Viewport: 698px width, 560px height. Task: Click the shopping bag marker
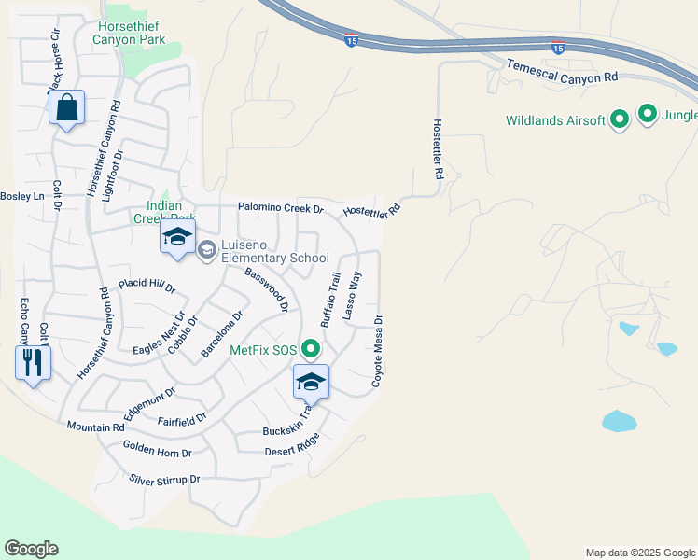tap(66, 108)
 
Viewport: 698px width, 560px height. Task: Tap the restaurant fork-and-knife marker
tap(33, 361)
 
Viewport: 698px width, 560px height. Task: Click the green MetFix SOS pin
tap(311, 351)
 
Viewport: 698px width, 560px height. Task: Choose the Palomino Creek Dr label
tap(280, 208)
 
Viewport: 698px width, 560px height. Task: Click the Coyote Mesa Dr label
tap(378, 351)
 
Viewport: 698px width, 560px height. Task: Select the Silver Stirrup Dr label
tap(164, 480)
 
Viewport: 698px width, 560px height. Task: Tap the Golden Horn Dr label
tap(157, 449)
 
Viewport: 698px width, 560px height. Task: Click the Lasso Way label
tap(352, 296)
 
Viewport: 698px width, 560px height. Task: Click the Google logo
tap(31, 549)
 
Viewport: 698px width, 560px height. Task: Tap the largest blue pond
tap(619, 421)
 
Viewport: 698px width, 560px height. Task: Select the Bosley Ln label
tap(22, 196)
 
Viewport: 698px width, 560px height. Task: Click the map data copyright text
tap(639, 553)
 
